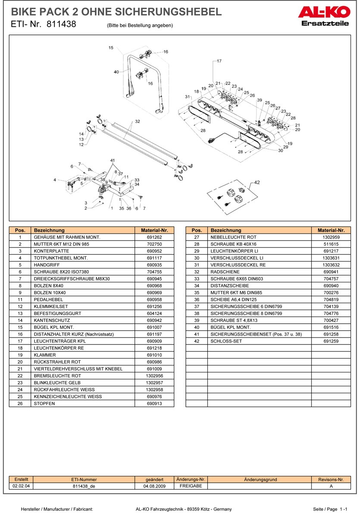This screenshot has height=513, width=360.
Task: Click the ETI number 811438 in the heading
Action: click(61, 25)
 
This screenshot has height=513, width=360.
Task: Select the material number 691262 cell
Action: click(154, 237)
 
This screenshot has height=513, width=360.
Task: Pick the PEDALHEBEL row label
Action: click(48, 299)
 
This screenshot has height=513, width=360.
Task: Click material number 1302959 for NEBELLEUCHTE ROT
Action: click(331, 237)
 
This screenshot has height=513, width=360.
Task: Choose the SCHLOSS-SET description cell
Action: click(226, 341)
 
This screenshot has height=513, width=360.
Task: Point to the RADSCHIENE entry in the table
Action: click(225, 272)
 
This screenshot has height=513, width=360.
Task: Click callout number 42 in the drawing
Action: click(257, 182)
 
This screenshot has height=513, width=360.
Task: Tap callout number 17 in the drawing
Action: click(219, 61)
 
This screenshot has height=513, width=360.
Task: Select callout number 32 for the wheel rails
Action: click(138, 122)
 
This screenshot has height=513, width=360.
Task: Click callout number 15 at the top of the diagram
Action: click(111, 47)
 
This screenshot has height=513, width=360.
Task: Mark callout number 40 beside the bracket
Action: click(116, 72)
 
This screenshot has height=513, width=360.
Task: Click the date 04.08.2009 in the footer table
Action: click(154, 486)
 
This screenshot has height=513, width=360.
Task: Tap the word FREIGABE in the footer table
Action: click(191, 486)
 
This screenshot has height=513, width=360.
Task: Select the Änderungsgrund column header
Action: click(260, 479)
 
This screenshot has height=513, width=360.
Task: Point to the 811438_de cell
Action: click(84, 486)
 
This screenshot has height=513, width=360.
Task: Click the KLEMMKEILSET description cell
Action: click(50, 306)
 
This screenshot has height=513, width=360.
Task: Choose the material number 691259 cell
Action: click(331, 341)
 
